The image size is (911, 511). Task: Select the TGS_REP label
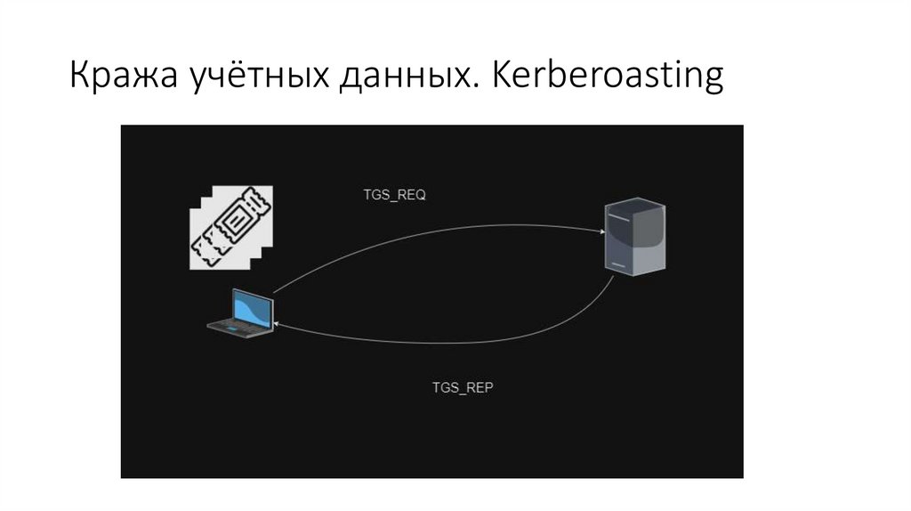pos(463,388)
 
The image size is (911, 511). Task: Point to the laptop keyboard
pos(238,329)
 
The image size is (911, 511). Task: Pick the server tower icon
pos(635,237)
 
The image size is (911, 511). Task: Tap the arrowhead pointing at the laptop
pos(279,326)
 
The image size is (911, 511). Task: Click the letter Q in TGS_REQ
pos(422,195)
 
